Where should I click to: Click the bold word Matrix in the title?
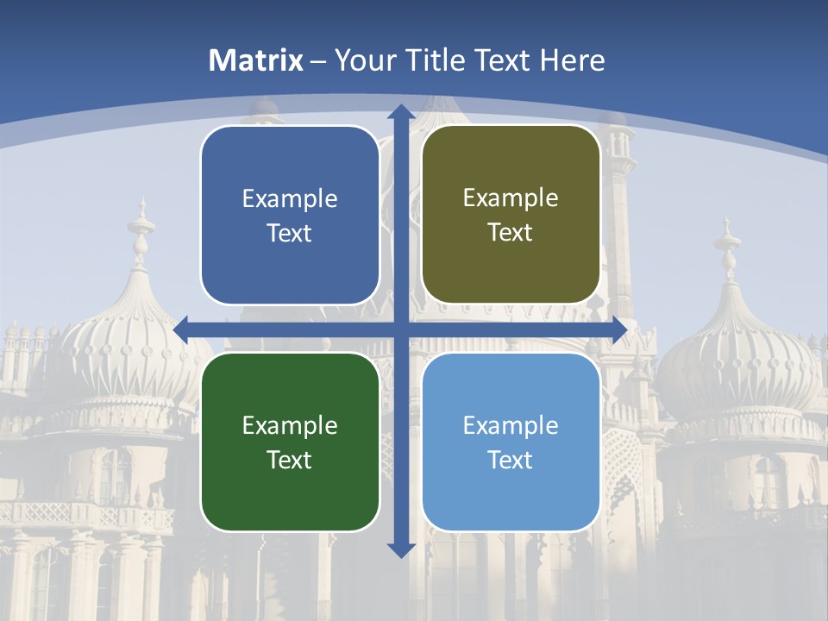(256, 60)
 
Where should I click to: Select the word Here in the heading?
(572, 60)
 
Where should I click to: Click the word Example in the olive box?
(511, 198)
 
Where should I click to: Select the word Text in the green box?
(290, 460)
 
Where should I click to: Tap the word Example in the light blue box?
(511, 425)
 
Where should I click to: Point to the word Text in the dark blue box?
(290, 233)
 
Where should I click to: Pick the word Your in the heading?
(363, 60)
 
